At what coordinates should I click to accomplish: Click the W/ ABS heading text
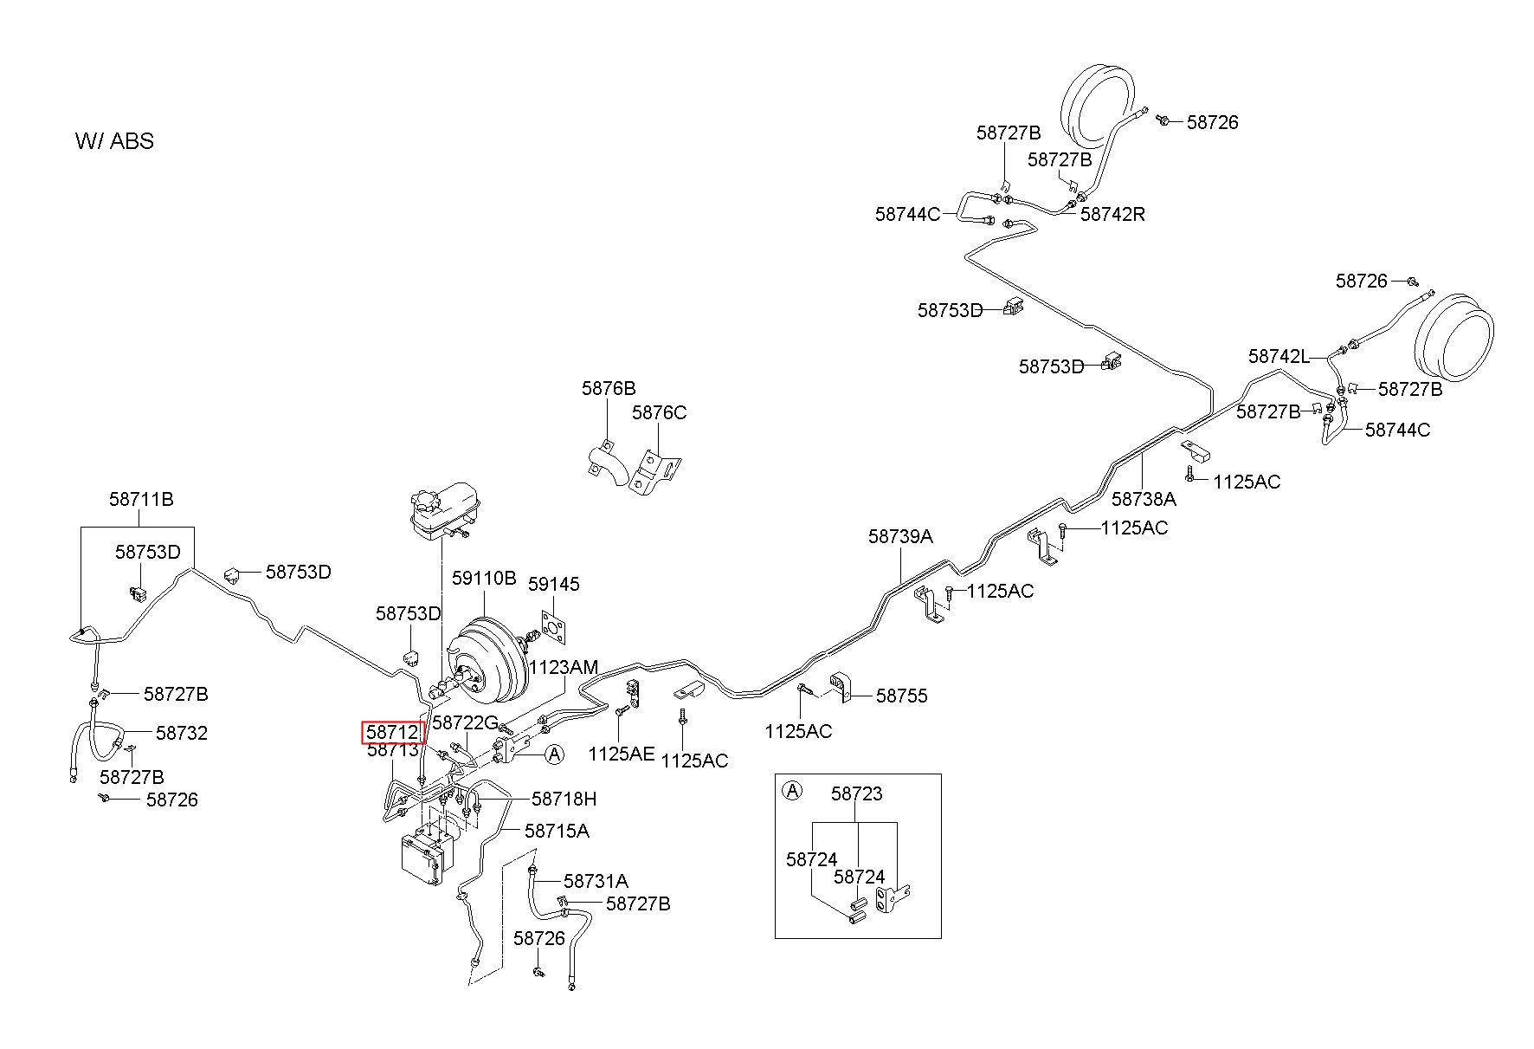click(x=114, y=141)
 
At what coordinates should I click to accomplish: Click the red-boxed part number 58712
click(x=392, y=732)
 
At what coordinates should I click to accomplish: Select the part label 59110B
click(x=484, y=578)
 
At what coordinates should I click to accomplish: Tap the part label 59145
click(x=554, y=584)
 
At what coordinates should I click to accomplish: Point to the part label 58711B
click(x=141, y=499)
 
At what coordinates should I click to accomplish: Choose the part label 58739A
click(x=900, y=536)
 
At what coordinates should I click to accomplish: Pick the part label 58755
click(x=901, y=696)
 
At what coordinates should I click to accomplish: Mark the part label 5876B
click(x=609, y=389)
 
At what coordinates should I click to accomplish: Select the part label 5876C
click(x=659, y=412)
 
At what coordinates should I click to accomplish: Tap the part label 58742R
click(x=1112, y=214)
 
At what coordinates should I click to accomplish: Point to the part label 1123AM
click(x=564, y=667)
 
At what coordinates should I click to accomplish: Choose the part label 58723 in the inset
click(x=857, y=793)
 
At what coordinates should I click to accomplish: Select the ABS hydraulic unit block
click(x=428, y=855)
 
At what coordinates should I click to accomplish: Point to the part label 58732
click(x=182, y=733)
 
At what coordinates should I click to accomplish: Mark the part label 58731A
click(x=596, y=881)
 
